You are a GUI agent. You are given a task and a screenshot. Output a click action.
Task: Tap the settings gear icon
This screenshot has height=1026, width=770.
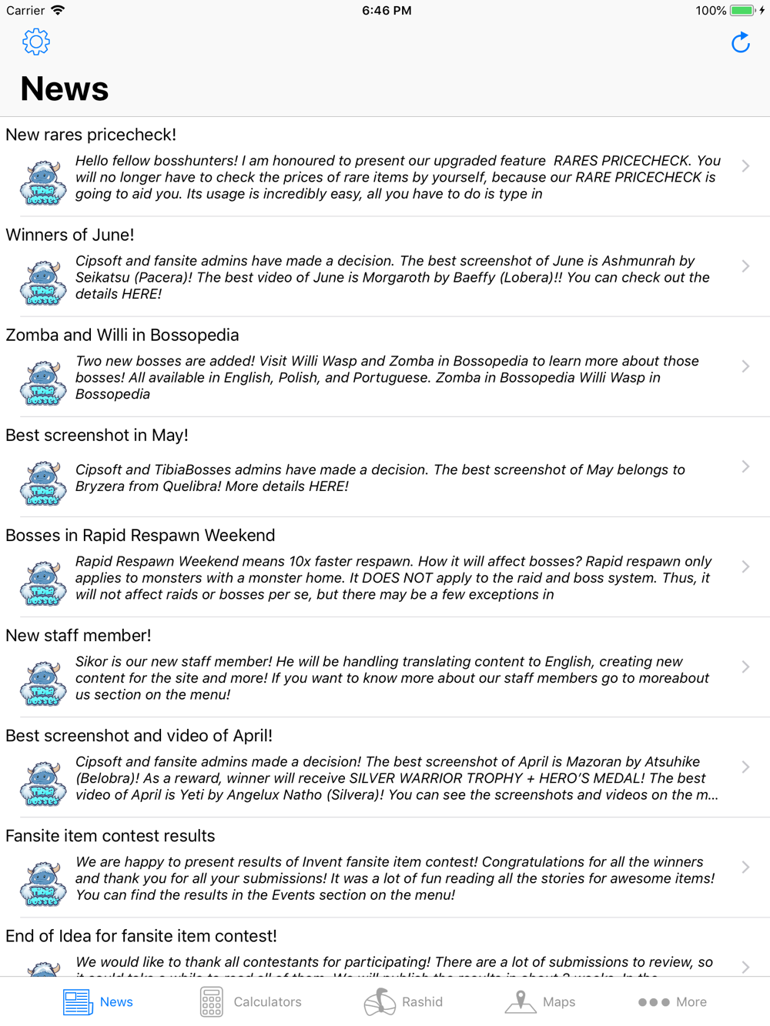point(36,42)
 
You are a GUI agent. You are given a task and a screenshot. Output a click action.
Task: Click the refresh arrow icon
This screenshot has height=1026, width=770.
point(740,42)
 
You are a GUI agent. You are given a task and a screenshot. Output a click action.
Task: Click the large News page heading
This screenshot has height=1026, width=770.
point(65,89)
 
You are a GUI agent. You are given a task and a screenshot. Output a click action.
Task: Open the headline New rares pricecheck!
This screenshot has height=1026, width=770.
point(91,135)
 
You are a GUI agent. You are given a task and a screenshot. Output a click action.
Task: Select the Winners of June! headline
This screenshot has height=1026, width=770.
point(70,235)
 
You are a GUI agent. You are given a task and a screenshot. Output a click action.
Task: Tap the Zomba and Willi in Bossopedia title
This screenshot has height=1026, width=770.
point(122,335)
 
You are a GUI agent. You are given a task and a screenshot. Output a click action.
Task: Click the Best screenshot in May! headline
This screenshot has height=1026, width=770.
point(97,435)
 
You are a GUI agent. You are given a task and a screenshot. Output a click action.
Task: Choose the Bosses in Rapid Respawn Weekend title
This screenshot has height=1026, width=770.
point(140,535)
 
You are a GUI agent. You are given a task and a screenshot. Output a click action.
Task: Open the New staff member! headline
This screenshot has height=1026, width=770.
point(79,635)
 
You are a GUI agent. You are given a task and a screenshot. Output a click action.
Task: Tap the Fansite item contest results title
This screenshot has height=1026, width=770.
point(110,836)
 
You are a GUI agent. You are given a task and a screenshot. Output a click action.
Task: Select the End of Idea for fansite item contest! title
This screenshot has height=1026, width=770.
point(141,936)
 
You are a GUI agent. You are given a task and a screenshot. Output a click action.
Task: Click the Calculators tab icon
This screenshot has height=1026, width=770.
point(212,1001)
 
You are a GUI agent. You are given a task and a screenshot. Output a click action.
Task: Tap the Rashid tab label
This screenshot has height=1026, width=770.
point(422,1002)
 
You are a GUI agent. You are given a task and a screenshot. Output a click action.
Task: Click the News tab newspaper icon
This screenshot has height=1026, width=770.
point(78,1001)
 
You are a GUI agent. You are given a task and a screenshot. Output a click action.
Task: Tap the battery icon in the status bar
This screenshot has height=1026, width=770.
point(742,11)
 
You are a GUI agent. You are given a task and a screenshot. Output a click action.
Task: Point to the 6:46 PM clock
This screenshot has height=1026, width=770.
point(387,11)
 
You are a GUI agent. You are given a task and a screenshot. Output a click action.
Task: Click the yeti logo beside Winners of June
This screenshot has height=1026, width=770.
point(43,282)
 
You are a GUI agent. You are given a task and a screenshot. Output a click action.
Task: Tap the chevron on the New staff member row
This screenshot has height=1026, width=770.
point(745,667)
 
